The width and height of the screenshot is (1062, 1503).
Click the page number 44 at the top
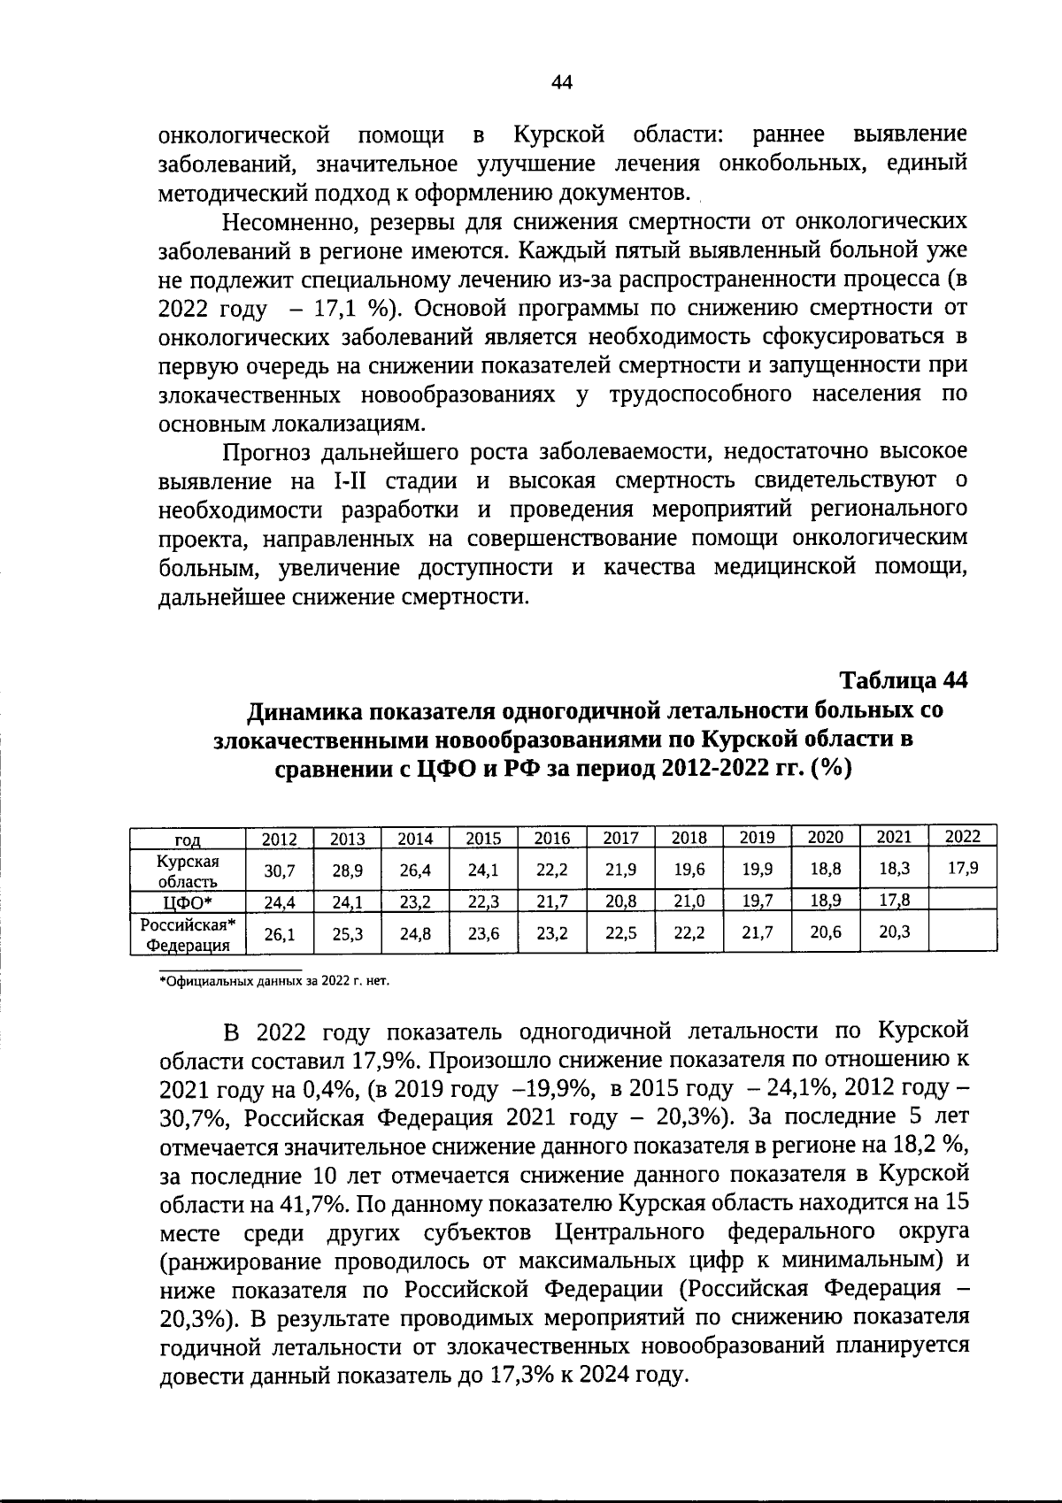point(562,82)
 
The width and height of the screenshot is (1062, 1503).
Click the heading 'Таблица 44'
point(904,680)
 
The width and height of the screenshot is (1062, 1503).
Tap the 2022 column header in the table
point(963,837)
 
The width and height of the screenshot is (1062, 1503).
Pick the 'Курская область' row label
point(188,870)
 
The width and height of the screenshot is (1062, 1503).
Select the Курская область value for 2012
point(280,870)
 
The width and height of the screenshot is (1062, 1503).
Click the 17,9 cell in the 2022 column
point(963,869)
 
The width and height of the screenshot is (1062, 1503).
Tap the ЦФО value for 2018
point(689,901)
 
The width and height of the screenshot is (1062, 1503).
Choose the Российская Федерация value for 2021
point(895,933)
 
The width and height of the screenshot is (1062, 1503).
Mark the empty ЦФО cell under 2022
point(963,901)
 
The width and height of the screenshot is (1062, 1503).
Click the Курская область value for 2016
point(552,870)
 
